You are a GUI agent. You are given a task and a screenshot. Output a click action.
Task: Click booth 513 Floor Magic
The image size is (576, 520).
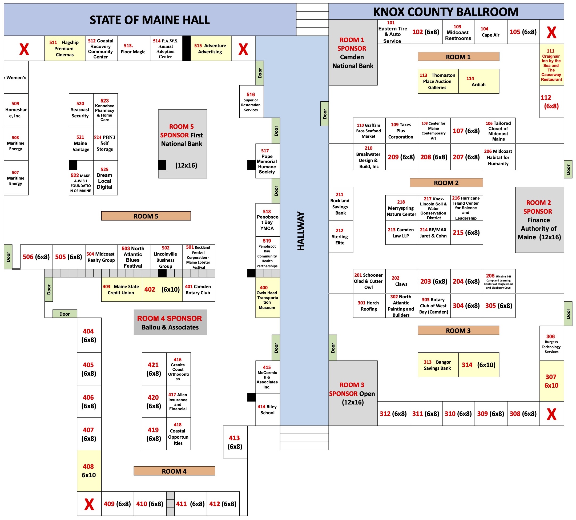tap(133, 49)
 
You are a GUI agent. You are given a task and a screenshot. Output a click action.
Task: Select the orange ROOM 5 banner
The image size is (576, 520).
tap(146, 216)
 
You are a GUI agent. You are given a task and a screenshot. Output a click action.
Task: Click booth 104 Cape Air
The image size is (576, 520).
tap(490, 32)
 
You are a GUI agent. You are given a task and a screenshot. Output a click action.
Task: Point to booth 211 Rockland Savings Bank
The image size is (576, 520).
tap(341, 204)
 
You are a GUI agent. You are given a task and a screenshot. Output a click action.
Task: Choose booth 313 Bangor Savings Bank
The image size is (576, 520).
tap(438, 365)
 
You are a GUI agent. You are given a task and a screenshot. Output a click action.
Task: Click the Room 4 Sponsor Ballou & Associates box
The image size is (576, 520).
tap(170, 322)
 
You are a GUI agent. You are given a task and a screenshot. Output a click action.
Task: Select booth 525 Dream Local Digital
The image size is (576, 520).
tap(105, 178)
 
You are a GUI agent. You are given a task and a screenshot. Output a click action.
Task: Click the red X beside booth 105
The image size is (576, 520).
tap(551, 32)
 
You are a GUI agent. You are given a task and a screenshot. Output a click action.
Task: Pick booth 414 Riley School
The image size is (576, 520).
tap(267, 410)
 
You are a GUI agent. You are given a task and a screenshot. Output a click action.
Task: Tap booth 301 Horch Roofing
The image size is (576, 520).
tap(369, 306)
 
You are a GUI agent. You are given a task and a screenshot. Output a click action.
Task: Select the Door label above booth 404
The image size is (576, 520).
tap(65, 314)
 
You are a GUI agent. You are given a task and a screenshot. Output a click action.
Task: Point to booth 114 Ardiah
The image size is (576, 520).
tap(478, 81)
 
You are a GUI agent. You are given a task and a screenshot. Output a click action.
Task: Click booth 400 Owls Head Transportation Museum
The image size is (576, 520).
tap(267, 297)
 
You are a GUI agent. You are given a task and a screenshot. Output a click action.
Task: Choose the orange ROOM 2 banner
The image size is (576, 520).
tap(446, 183)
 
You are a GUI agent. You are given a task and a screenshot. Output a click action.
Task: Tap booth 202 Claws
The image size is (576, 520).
tap(401, 281)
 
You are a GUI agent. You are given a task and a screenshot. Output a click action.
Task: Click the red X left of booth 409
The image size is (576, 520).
tap(89, 504)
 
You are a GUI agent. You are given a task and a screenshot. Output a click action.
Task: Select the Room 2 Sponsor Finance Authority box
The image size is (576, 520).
tap(539, 220)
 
